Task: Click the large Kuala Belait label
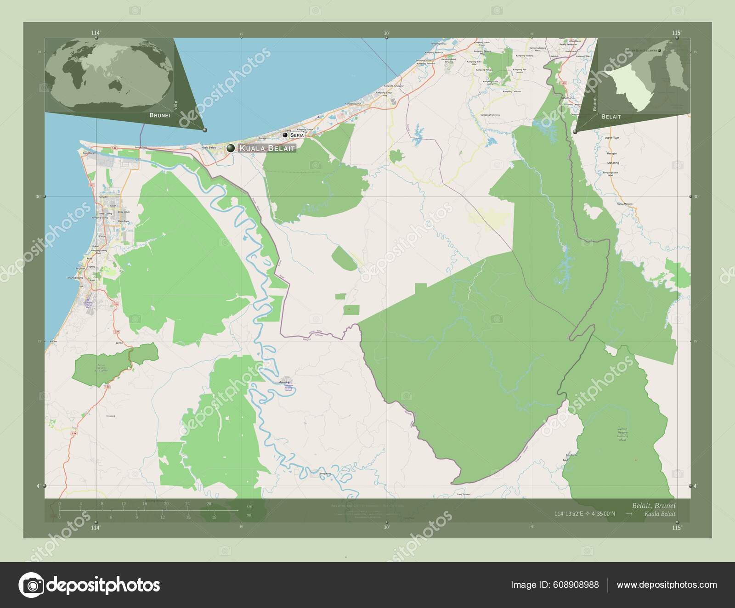(x=266, y=148)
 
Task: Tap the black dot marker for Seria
(x=285, y=135)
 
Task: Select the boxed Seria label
(x=297, y=135)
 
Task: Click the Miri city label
(x=89, y=259)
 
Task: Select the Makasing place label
(x=613, y=163)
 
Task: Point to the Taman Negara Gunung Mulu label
(x=622, y=434)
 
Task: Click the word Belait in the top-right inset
(x=611, y=117)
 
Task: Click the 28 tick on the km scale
(x=209, y=504)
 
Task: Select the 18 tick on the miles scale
(x=214, y=517)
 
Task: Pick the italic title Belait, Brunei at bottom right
(x=653, y=505)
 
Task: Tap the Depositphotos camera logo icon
(x=30, y=585)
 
